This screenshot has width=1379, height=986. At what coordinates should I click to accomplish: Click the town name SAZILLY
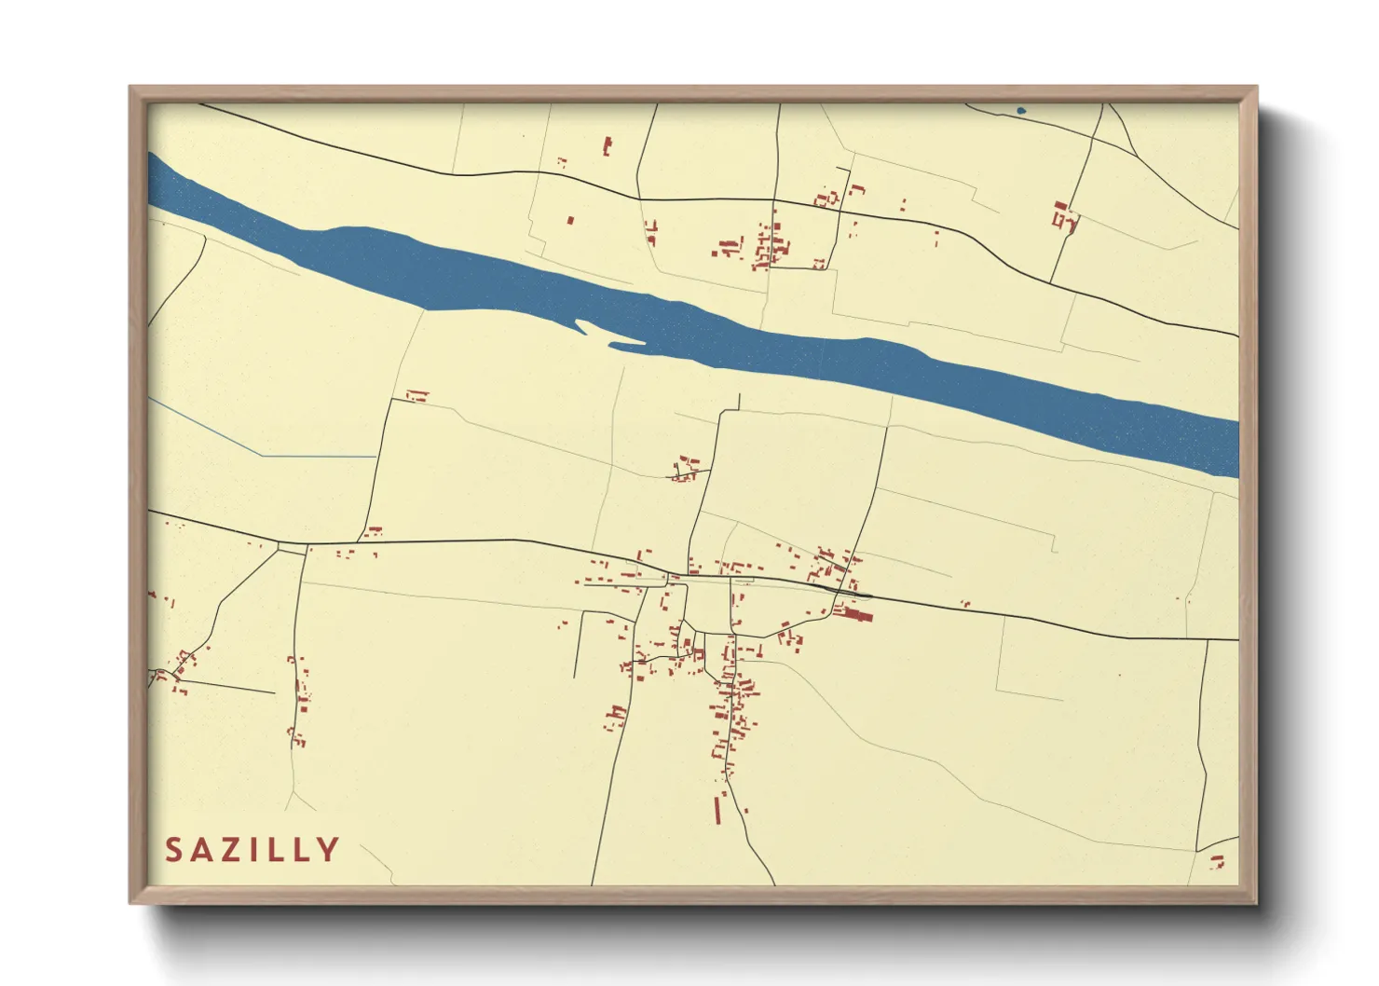coord(253,850)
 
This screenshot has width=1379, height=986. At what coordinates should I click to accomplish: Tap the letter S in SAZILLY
coord(174,850)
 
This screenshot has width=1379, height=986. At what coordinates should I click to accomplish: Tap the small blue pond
coord(1021,111)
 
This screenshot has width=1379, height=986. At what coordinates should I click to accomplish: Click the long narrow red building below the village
coord(717,810)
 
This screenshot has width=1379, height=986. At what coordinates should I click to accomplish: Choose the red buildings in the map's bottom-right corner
coord(1219,862)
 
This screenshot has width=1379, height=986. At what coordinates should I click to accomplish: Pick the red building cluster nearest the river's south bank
coord(687,468)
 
